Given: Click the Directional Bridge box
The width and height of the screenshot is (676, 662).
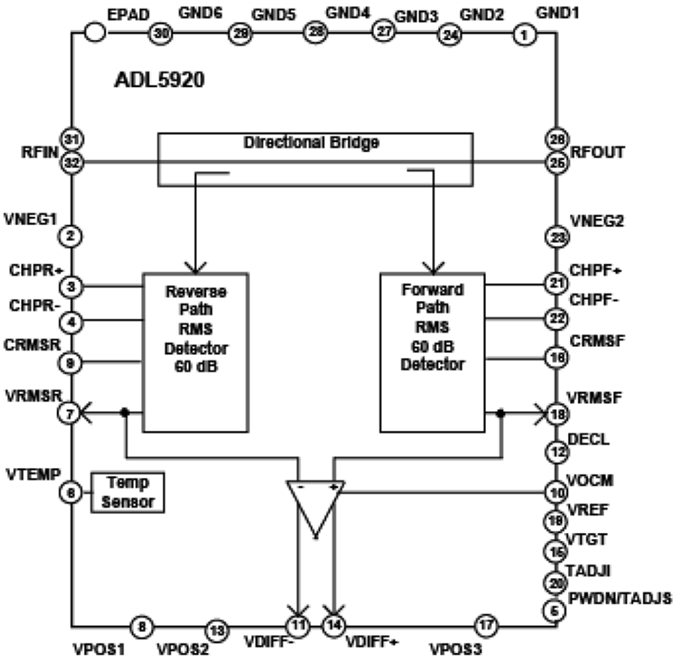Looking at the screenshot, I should click(x=315, y=158).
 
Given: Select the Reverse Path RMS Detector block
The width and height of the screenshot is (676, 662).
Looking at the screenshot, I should click(x=195, y=352).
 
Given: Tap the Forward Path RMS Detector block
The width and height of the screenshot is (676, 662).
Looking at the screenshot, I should click(x=433, y=352).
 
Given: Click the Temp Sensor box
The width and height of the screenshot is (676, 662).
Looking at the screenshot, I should click(x=128, y=492).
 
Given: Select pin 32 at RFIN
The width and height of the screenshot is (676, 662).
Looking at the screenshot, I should click(x=73, y=162).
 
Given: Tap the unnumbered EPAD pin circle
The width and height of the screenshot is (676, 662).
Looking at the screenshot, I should click(x=95, y=33).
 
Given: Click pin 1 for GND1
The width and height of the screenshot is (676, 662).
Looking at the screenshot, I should click(x=524, y=35).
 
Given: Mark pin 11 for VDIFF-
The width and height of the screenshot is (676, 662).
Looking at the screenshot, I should click(x=299, y=623).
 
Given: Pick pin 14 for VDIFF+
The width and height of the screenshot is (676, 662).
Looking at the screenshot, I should click(x=333, y=623).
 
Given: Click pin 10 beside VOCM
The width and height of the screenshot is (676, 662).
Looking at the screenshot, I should click(x=556, y=493).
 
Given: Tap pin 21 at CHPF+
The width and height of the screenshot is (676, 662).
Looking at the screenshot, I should click(x=556, y=283).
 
